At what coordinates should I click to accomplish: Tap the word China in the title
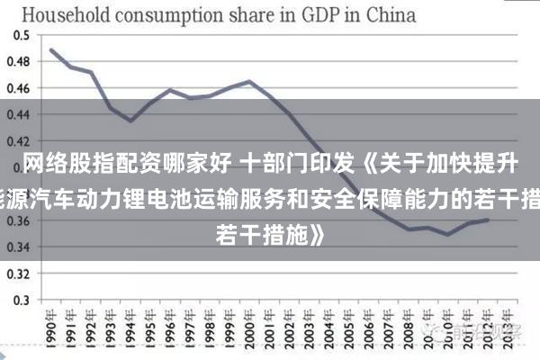389,14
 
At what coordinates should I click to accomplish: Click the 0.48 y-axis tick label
19,62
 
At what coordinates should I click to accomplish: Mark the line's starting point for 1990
51,49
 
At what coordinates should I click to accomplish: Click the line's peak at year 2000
249,82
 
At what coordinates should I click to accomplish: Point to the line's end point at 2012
488,220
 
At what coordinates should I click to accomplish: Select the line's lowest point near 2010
448,234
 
